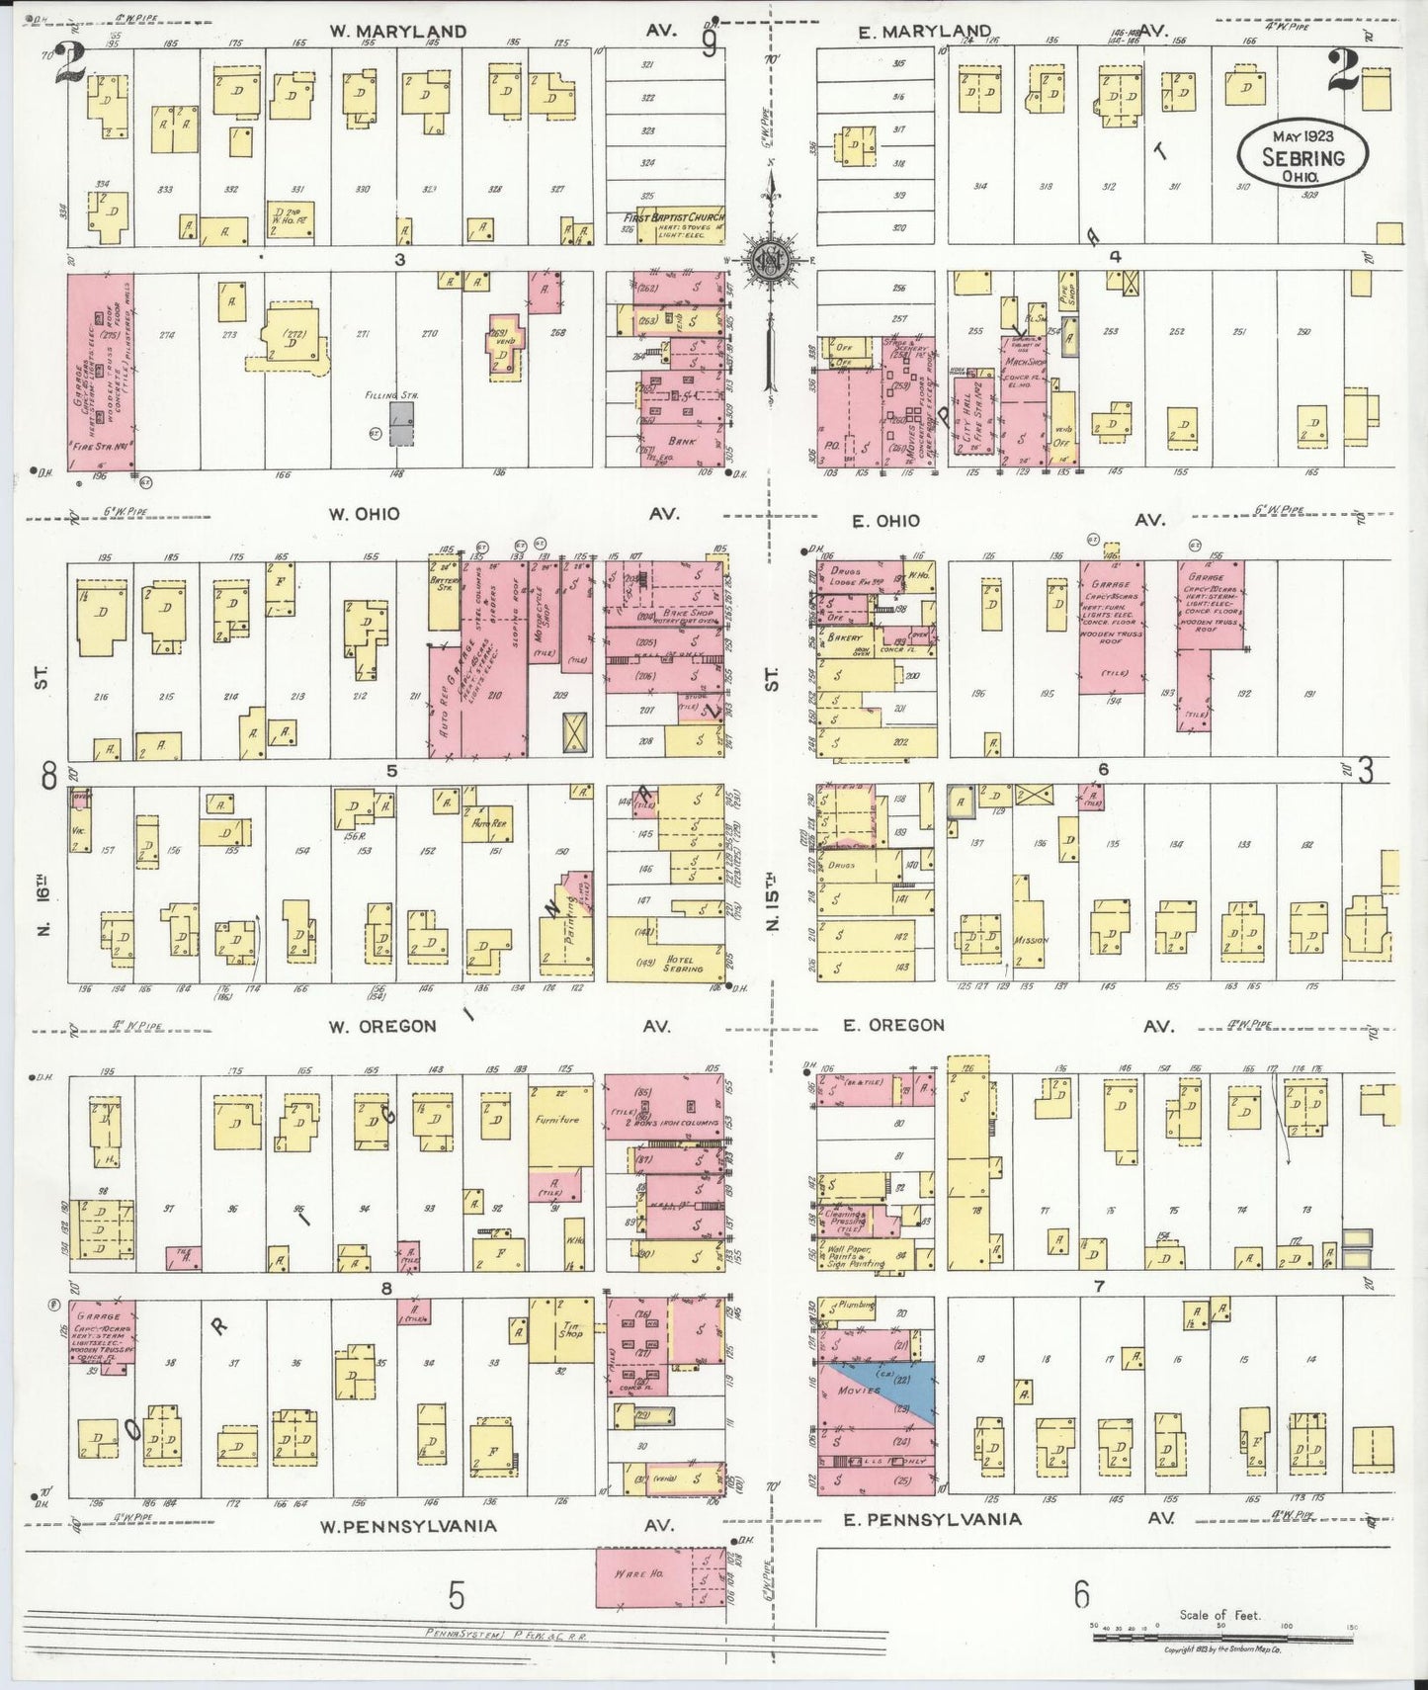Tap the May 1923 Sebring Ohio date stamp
coord(1304,154)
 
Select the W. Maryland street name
coord(397,32)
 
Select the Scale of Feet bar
coord(1220,1637)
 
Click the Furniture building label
coord(556,1120)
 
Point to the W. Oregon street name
coord(381,1026)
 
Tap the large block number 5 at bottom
coord(455,1595)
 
